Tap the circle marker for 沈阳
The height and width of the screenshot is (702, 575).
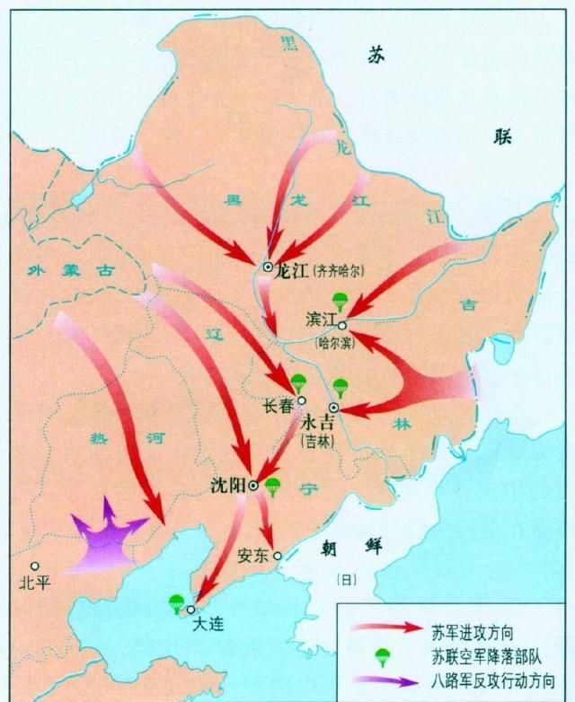point(253,485)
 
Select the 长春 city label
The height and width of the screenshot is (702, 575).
point(278,406)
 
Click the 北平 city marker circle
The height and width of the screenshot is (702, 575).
point(34,566)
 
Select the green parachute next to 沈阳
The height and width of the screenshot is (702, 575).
point(273,487)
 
